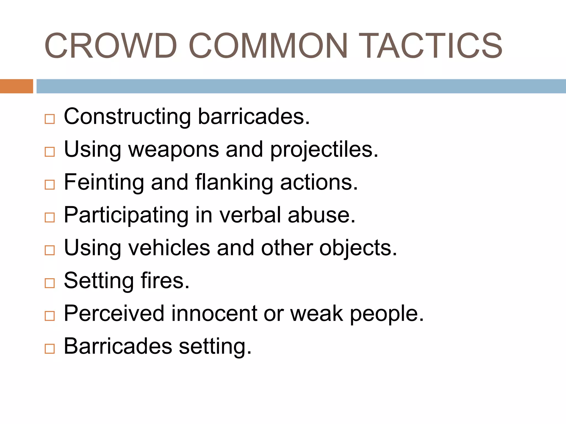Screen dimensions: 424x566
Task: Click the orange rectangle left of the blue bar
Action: [x=16, y=86]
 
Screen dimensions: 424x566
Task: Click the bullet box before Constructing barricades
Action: [x=50, y=119]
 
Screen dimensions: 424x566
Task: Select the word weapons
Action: [x=174, y=149]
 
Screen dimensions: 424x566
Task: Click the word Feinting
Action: [x=104, y=182]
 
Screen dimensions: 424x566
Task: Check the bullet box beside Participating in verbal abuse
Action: [x=50, y=218]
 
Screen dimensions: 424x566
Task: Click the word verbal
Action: [x=250, y=215]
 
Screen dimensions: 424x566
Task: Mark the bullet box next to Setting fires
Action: [x=50, y=283]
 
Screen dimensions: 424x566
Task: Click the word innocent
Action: [x=214, y=313]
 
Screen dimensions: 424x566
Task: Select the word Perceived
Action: [x=114, y=313]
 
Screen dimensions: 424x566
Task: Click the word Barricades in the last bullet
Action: [x=118, y=346]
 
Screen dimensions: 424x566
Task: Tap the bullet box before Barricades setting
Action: [x=50, y=349]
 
